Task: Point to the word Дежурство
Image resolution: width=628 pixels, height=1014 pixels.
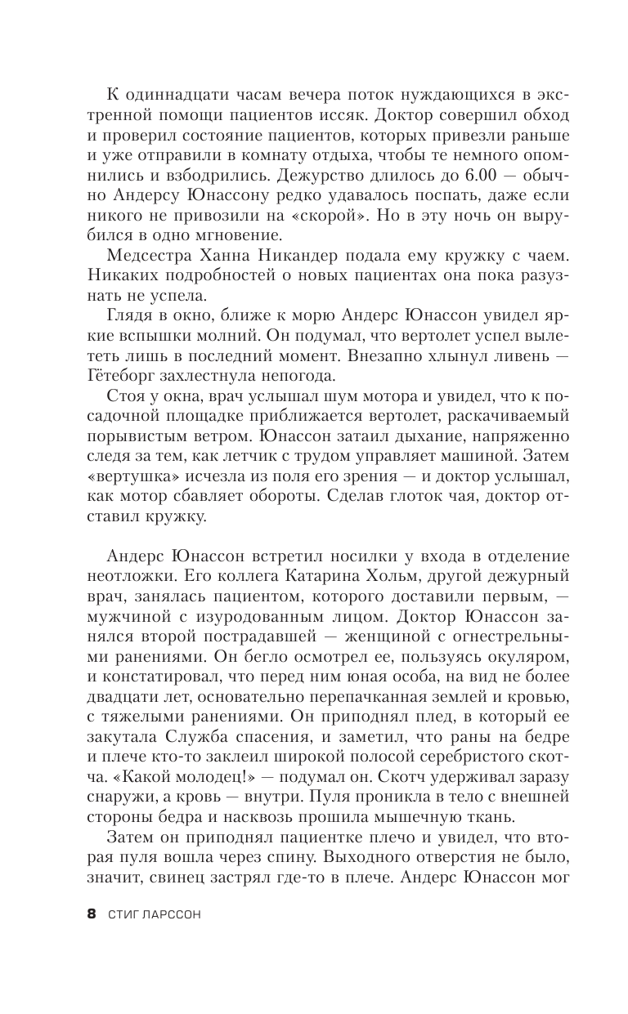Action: pos(380,174)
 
